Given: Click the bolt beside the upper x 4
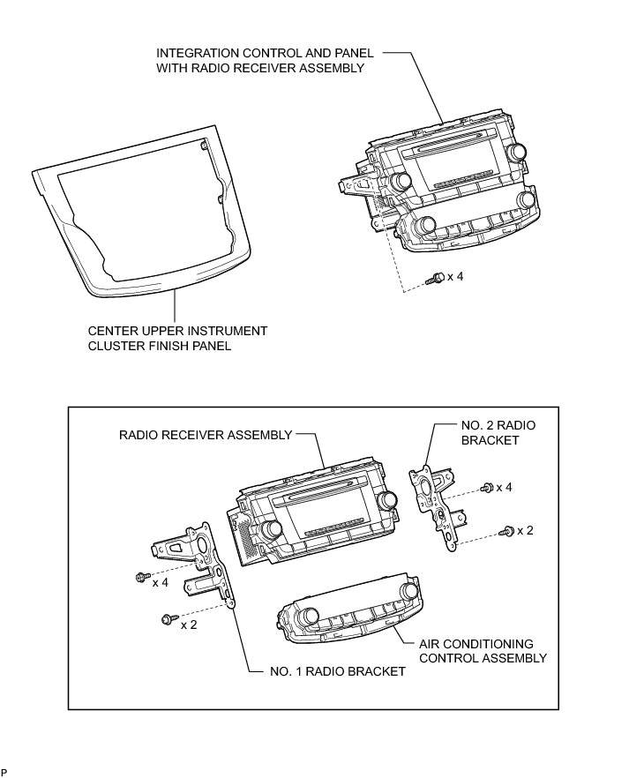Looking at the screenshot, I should (x=433, y=278).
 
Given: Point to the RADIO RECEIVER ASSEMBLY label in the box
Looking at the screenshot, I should (x=205, y=435).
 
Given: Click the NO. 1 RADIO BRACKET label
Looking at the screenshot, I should (x=338, y=671).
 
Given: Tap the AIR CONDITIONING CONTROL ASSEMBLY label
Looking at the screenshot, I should (x=482, y=651).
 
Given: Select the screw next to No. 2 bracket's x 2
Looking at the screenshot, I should (x=507, y=531).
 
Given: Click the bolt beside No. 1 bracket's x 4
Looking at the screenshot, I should (x=141, y=577).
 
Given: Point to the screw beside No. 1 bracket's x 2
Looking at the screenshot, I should (x=167, y=620).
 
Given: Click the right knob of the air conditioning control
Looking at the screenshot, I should (x=408, y=590).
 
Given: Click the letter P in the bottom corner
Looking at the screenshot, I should (x=4, y=773).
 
